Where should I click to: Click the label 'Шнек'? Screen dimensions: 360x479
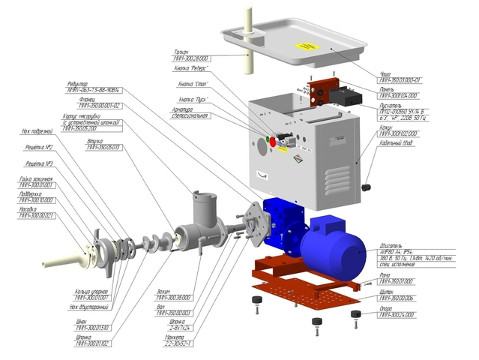click(x=82, y=322)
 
